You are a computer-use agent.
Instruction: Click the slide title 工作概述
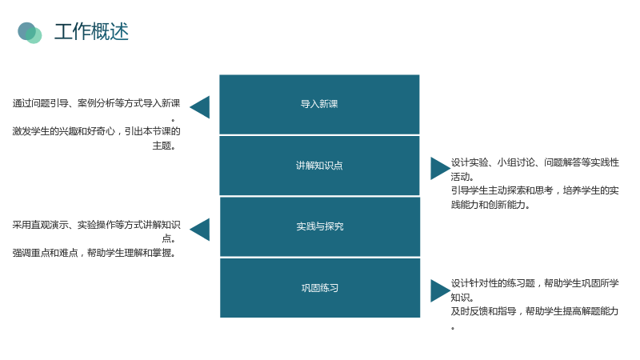tap(91, 32)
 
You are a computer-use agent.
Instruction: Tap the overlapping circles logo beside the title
tap(30, 33)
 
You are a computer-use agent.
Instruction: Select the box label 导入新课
tap(319, 104)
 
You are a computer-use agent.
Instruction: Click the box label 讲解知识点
tap(319, 166)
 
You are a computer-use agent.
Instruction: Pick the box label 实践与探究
tap(319, 226)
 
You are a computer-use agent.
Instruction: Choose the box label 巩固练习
tap(319, 288)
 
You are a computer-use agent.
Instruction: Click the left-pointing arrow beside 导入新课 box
tap(199, 107)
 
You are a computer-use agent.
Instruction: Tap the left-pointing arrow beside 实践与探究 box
tap(199, 230)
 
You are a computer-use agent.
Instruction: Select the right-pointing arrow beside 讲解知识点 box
tap(441, 169)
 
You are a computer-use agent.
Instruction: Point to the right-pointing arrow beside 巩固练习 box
tap(441, 290)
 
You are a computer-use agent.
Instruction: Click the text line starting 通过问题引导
tap(96, 103)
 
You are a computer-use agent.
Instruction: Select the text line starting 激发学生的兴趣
tap(96, 131)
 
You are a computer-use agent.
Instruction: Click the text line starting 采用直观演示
tap(96, 225)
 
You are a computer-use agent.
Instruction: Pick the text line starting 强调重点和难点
tap(94, 253)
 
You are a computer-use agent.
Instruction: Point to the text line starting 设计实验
tap(534, 162)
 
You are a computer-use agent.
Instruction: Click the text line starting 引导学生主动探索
tap(534, 190)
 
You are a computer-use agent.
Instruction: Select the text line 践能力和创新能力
tap(490, 205)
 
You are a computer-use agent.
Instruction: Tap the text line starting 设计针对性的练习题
tap(534, 283)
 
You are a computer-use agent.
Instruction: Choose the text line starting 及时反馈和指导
tap(534, 311)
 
